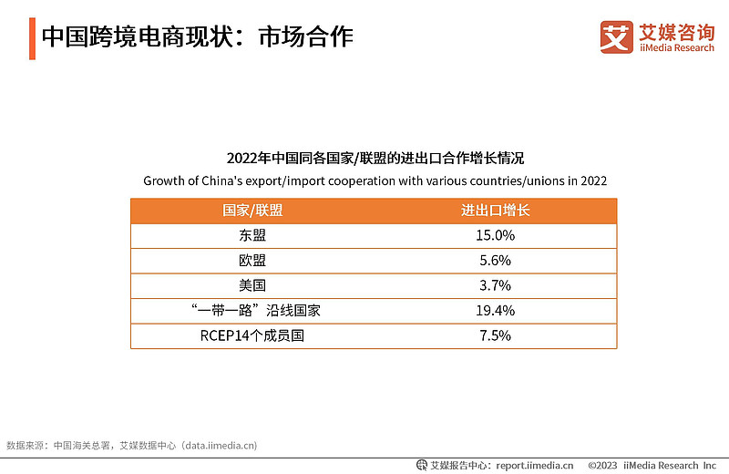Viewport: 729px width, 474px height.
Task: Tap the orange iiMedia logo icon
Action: coord(616,36)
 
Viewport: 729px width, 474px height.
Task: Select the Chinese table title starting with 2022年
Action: coord(375,158)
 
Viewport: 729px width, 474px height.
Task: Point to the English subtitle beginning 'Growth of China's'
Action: coord(375,180)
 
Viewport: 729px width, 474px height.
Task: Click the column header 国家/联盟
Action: coord(252,211)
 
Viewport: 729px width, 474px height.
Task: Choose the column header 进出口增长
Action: coord(495,211)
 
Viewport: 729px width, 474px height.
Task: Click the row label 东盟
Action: coord(252,235)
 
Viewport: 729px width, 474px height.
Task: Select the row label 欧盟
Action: coord(252,261)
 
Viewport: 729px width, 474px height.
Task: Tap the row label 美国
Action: coord(252,285)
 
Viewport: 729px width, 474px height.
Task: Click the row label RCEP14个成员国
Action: coord(252,335)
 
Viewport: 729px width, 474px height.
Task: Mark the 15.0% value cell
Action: coord(495,235)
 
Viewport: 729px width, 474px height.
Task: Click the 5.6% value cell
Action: coord(495,261)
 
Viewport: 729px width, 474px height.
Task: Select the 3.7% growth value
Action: coord(495,285)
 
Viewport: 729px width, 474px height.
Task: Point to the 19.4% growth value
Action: coord(495,311)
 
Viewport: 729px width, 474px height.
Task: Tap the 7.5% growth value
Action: coord(495,335)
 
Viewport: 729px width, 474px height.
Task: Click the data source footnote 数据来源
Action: coord(131,446)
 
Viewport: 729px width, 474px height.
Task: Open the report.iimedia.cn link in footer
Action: coord(534,465)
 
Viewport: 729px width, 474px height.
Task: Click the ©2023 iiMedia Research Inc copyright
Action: coord(652,465)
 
